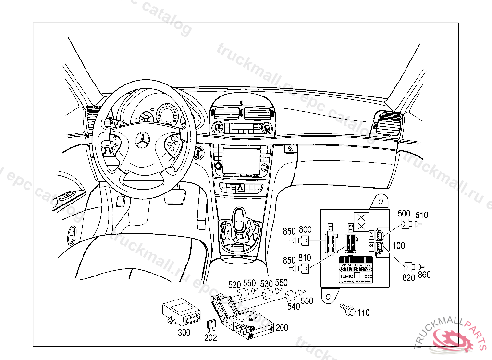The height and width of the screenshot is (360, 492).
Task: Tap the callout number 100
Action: pyautogui.click(x=399, y=246)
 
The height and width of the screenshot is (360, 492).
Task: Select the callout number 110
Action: pyautogui.click(x=363, y=313)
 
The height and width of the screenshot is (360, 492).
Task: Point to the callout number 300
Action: pyautogui.click(x=184, y=332)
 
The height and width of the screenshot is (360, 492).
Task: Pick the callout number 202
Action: pyautogui.click(x=210, y=338)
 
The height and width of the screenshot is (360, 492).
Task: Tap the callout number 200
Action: pyautogui.click(x=282, y=328)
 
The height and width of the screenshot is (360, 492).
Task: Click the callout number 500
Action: pyautogui.click(x=405, y=214)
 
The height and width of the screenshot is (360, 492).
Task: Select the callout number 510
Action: pyautogui.click(x=421, y=215)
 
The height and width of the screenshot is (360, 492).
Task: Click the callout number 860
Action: pyautogui.click(x=424, y=275)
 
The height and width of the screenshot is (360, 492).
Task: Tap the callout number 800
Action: pyautogui.click(x=306, y=230)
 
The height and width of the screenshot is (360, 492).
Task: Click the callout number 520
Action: pyautogui.click(x=234, y=285)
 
